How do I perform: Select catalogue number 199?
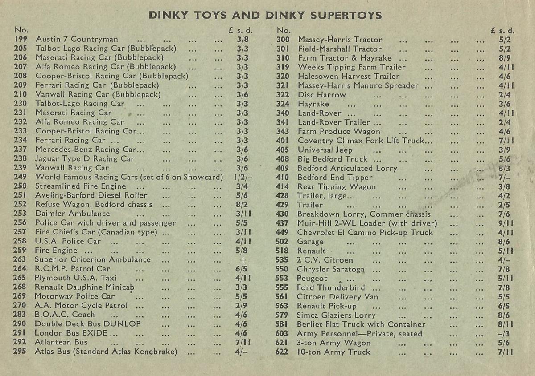[x=21, y=39]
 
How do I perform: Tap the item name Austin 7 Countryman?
[x=77, y=39]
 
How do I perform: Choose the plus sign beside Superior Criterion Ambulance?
[x=243, y=260]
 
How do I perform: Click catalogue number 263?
[x=20, y=260]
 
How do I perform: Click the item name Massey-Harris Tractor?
[x=340, y=40]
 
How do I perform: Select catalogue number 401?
[x=283, y=141]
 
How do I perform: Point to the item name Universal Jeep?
[x=325, y=150]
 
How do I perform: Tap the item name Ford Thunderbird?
[x=331, y=287]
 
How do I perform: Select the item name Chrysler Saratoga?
[x=331, y=269]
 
